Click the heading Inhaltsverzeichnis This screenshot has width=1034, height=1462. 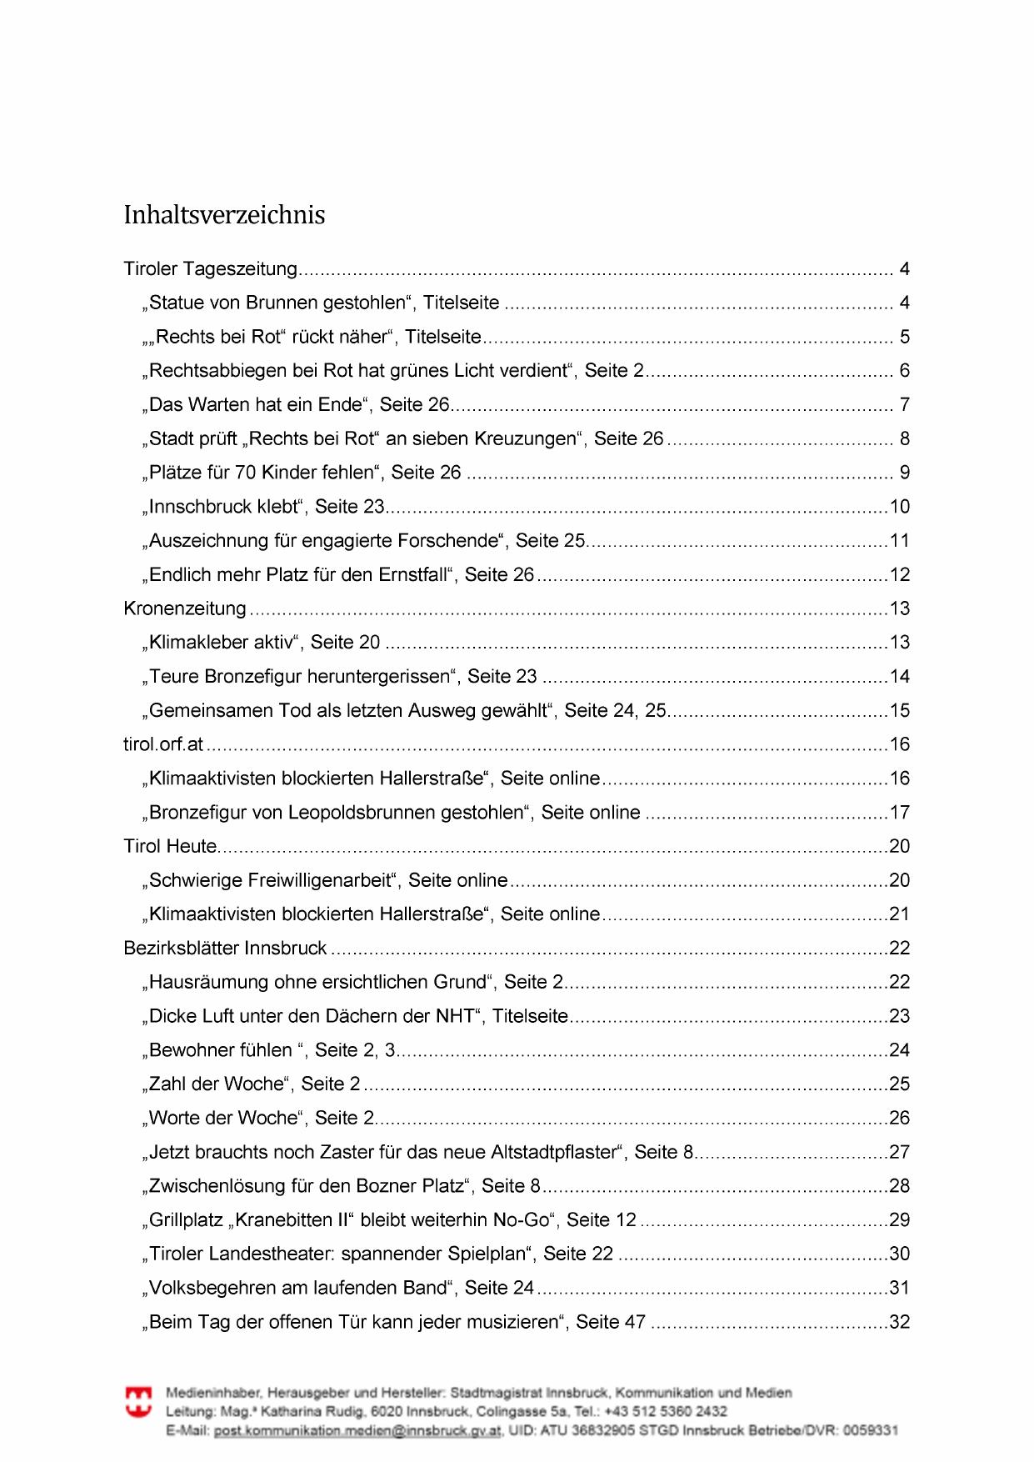[224, 215]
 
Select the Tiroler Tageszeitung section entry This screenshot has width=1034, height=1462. [210, 269]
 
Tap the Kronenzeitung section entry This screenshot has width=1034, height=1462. [185, 608]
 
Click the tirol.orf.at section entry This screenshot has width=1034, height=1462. [163, 744]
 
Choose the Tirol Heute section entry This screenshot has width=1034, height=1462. [170, 846]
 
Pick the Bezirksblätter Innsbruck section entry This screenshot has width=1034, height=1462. [225, 948]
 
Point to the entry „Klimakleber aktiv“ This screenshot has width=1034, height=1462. [264, 643]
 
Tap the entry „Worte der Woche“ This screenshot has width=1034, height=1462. [261, 1118]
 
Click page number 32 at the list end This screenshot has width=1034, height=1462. [900, 1322]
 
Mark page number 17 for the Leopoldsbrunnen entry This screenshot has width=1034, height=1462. [900, 812]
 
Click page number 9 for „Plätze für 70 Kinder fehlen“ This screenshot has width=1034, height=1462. [905, 473]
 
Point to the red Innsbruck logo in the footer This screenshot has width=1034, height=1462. [138, 1400]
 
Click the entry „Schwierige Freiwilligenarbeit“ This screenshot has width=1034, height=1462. [327, 880]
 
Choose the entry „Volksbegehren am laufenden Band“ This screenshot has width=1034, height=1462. [341, 1288]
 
